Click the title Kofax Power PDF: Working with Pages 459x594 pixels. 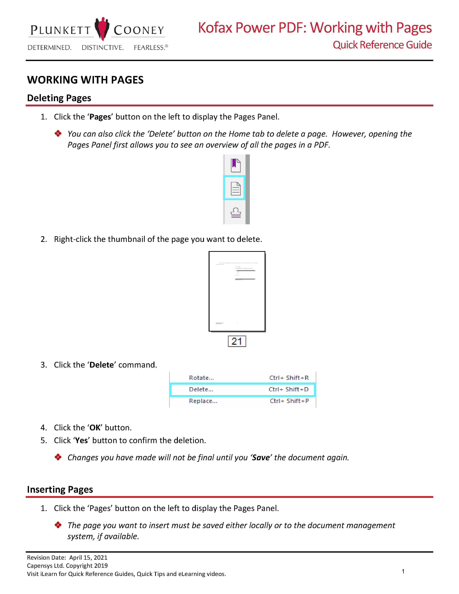pos(315,28)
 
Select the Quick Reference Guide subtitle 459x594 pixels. pos(382,45)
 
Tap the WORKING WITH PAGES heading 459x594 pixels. pos(85,80)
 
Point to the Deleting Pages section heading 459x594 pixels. pos(59,98)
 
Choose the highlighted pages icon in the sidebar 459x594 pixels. pos(234,188)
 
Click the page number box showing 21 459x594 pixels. pos(237,341)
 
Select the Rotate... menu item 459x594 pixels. pos(201,378)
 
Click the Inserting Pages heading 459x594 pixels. pos(60,490)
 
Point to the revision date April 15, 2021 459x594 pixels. pos(88,558)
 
